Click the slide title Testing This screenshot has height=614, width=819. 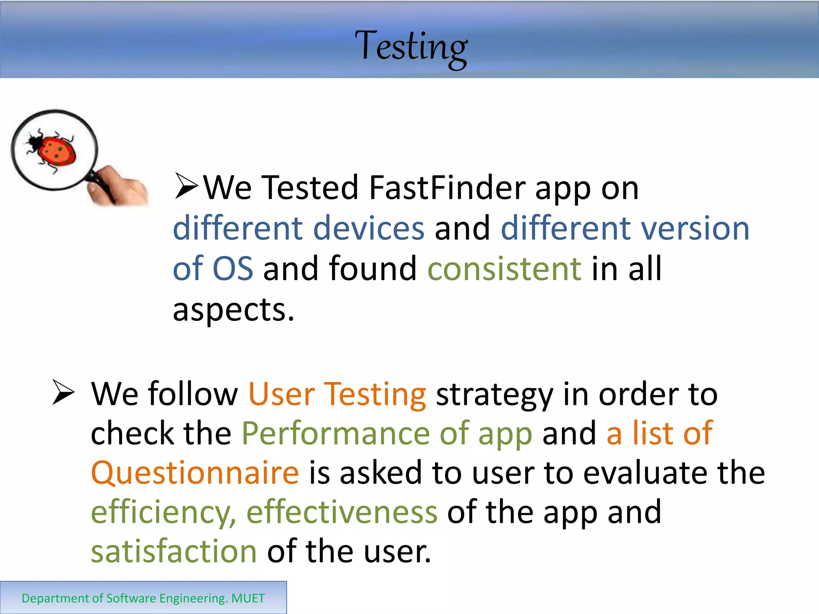[411, 47]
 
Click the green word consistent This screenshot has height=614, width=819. [504, 269]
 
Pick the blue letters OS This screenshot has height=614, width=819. [232, 269]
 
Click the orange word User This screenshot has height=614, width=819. [281, 395]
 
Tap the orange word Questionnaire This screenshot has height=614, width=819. [195, 472]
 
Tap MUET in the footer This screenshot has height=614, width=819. [248, 598]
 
